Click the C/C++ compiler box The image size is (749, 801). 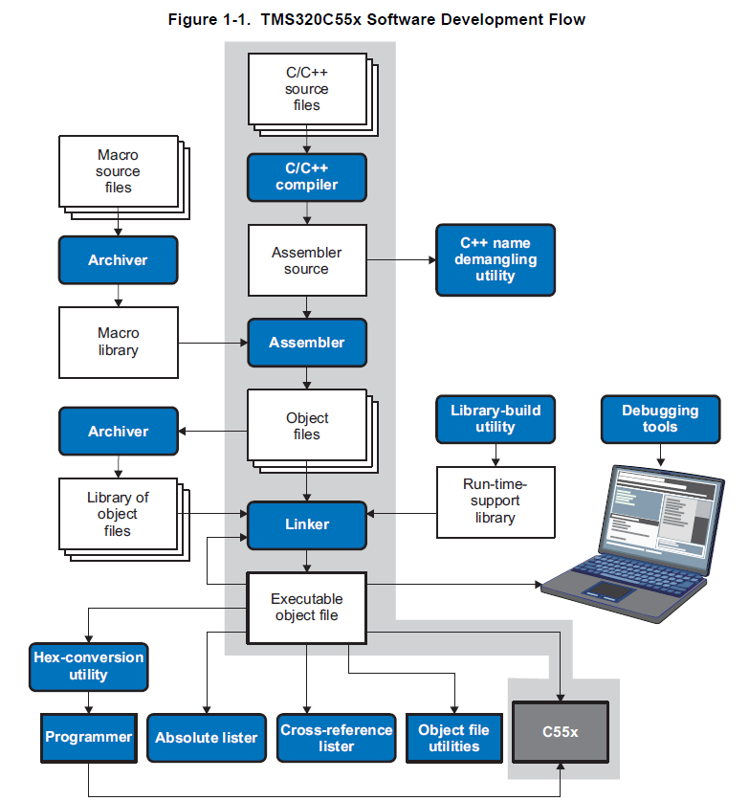coord(307,177)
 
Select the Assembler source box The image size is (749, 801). coord(307,260)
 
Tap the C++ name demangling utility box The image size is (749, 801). coord(496,260)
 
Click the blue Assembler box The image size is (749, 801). coord(307,343)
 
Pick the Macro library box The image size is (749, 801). coord(119,343)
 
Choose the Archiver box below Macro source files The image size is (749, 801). coord(119,260)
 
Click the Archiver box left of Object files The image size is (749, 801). coord(119,432)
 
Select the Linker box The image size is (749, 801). coord(307,525)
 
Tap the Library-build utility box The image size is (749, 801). coord(496,419)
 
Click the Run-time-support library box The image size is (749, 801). coord(496,502)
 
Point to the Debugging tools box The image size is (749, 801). coord(660,419)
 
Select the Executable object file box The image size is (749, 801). coord(307,608)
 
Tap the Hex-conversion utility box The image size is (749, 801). coord(89,667)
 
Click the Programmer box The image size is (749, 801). coord(89,738)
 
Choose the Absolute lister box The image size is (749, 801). coord(207,738)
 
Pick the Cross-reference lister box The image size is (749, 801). coord(337,738)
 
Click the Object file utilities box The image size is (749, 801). coord(453,738)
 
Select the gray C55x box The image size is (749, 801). coord(561,732)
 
